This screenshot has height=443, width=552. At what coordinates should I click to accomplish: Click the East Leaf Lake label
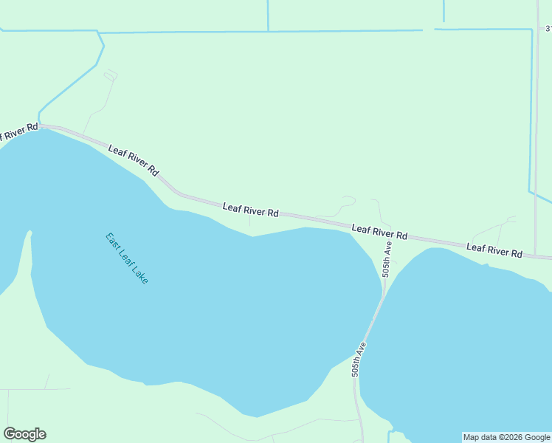pos(127,259)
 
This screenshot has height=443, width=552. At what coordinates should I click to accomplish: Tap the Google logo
pos(24,434)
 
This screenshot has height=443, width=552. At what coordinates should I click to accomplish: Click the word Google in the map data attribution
pos(537,437)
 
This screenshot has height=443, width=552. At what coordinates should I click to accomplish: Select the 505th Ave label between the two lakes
pos(359,360)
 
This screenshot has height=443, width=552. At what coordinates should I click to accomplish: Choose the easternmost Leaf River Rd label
pos(494,250)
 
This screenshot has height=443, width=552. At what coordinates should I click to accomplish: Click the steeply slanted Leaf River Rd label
pos(134,159)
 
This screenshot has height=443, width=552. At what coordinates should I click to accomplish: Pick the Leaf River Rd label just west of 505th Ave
pos(379,231)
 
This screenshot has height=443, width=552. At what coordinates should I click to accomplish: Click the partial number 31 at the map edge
pos(548,29)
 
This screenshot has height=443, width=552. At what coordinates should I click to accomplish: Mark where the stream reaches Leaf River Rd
pos(40,123)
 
